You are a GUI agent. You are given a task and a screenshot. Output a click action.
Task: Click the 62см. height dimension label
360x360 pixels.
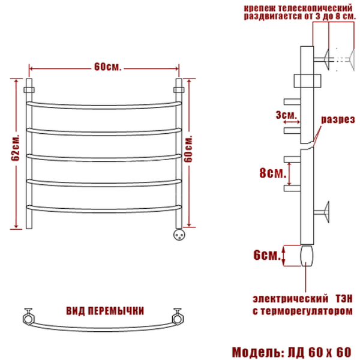[16, 147]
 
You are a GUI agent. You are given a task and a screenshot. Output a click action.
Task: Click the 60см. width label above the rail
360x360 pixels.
[107, 67]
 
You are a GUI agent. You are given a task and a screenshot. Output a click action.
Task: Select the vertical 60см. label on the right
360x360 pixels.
[188, 149]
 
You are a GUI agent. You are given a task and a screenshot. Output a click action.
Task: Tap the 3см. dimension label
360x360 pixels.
[286, 115]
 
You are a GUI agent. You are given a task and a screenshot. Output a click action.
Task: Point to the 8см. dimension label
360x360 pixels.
[273, 173]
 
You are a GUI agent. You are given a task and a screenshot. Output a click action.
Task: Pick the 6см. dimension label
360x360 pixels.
[267, 255]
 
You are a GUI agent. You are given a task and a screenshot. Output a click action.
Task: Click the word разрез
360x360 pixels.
[338, 119]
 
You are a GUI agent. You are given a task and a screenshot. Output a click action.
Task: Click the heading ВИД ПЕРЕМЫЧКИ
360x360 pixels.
[105, 311]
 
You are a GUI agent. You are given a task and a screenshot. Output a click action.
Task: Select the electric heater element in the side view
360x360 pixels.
[306, 256]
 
